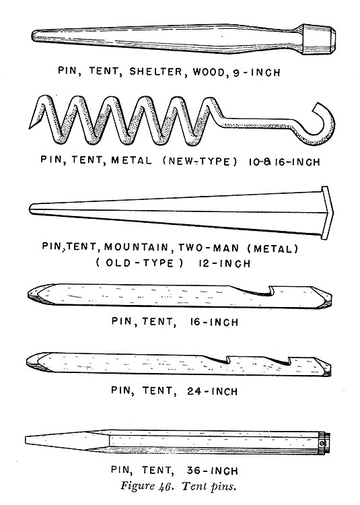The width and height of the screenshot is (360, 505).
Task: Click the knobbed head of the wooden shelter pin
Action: [x=319, y=39]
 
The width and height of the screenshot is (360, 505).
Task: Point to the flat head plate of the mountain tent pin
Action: [x=326, y=213]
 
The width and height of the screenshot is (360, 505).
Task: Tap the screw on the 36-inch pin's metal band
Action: [x=323, y=444]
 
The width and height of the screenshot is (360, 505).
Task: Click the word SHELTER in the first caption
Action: [x=155, y=71]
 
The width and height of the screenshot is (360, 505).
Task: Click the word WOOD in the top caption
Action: [x=208, y=72]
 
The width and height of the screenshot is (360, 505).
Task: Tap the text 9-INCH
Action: [x=256, y=73]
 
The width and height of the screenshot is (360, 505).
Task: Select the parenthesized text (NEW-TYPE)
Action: [x=200, y=161]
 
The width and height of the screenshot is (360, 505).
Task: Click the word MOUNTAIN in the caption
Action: [x=136, y=247]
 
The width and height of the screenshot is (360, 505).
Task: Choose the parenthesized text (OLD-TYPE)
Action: [x=139, y=263]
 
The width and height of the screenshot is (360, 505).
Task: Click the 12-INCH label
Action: [x=224, y=263]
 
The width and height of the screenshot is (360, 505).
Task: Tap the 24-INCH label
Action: [x=212, y=391]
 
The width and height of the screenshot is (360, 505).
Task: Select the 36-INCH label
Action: [x=213, y=471]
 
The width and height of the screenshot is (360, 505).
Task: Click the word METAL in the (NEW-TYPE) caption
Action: [x=131, y=160]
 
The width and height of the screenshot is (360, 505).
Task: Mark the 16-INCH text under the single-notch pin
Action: [x=214, y=322]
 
